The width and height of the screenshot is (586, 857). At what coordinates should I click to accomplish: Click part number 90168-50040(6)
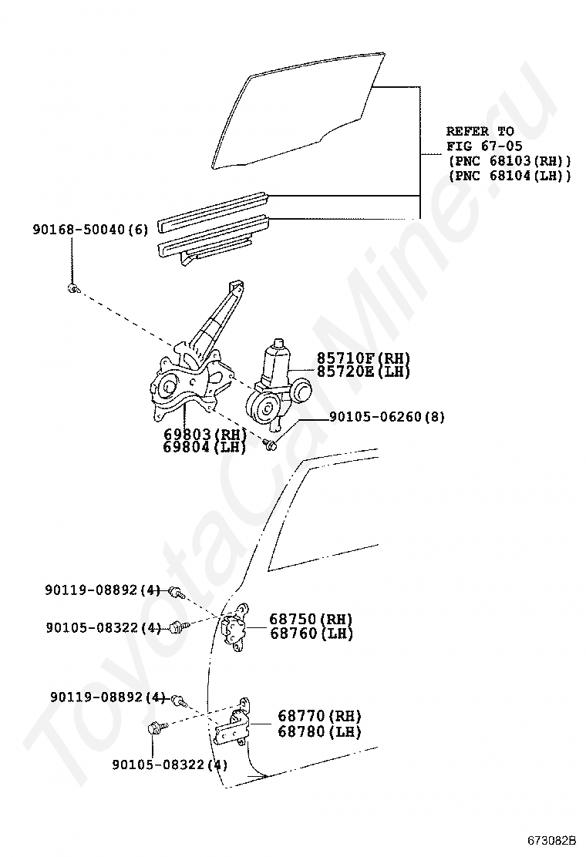pos(89,230)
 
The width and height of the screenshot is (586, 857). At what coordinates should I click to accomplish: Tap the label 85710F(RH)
pos(363,359)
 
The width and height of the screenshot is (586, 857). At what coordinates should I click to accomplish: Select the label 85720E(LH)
pos(363,371)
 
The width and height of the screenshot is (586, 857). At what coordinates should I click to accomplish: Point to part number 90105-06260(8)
pos(386,417)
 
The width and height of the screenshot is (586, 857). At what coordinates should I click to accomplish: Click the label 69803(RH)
pos(204,435)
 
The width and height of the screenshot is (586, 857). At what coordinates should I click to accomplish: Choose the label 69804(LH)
pos(204,447)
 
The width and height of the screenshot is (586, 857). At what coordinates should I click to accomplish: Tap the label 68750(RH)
pos(311,620)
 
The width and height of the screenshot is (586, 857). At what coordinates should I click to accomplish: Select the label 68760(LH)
pos(311,634)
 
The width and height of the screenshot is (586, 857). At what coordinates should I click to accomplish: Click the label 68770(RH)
pos(319,717)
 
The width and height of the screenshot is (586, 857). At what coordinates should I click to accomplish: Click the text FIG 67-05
pos(480,146)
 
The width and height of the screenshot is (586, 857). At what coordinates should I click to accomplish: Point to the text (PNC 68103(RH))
pos(510,161)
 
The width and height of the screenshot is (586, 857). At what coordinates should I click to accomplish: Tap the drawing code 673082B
pos(551,840)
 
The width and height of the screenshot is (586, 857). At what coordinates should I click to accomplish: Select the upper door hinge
pos(234,629)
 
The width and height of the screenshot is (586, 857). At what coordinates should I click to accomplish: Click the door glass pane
pos(301,108)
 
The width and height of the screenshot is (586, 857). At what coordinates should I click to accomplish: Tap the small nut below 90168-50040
pos(72,288)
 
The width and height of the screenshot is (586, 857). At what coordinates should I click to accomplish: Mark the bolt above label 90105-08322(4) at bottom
pos(154,727)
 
